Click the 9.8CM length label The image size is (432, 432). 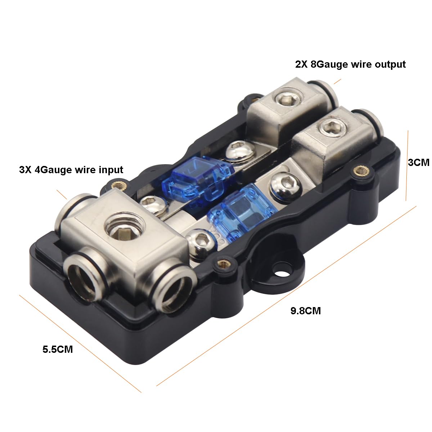coord(305,310)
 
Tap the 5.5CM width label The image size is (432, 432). coord(58,349)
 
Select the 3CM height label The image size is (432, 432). coord(418,162)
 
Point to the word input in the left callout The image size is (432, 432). coord(108,169)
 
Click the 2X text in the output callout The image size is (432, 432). coord(302,64)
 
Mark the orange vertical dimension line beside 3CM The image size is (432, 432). coord(407,166)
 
